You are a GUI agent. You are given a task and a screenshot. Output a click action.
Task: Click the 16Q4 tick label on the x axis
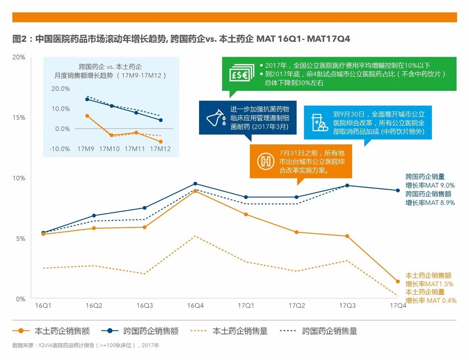[x=195, y=305]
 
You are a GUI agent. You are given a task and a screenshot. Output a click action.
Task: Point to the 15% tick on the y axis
[x=19, y=117]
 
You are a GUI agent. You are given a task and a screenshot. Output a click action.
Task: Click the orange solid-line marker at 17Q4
[x=398, y=282]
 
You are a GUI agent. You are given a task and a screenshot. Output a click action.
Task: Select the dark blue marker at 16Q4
[x=195, y=184]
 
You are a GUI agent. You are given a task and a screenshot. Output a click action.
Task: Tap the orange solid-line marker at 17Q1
[x=246, y=214]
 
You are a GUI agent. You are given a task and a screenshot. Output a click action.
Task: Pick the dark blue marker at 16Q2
[x=94, y=216]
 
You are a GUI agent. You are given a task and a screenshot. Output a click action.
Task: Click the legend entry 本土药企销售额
[x=51, y=331]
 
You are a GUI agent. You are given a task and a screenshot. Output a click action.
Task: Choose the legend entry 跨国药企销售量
[x=319, y=331]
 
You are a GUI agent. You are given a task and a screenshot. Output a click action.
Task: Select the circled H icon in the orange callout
[x=266, y=162]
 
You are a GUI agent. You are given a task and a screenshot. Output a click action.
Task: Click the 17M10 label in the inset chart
[x=110, y=149]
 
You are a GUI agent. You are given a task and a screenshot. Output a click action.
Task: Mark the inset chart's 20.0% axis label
[x=60, y=89]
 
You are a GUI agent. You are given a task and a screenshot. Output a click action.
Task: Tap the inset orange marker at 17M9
[x=87, y=116]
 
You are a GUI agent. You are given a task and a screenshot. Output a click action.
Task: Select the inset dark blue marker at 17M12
[x=160, y=120]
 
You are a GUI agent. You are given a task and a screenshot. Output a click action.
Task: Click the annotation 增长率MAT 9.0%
[x=430, y=185]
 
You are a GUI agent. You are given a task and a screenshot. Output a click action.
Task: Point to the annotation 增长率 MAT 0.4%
[x=431, y=301]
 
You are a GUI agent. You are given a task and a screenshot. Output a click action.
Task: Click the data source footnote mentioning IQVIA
[x=85, y=345]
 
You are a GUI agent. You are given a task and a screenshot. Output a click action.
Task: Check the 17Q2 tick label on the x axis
[x=296, y=305]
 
